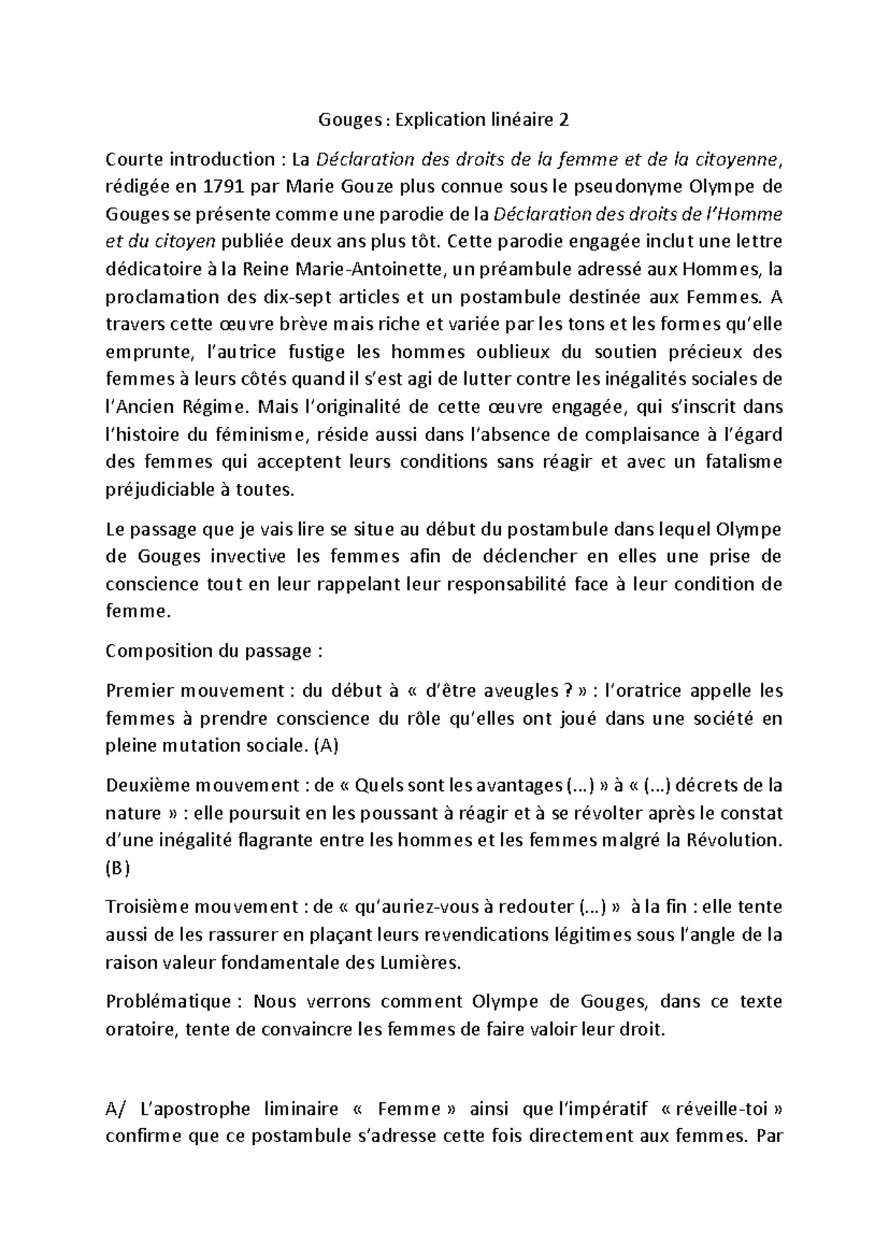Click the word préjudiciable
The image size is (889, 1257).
[158, 490]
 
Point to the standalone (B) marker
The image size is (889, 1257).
[118, 869]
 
